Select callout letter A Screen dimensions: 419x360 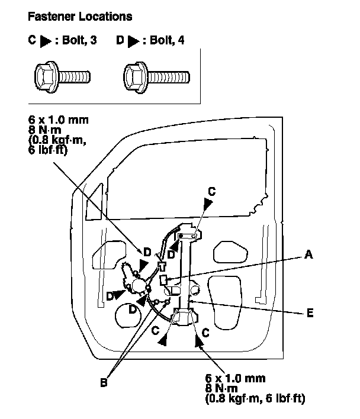[307, 254]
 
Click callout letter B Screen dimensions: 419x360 [104, 383]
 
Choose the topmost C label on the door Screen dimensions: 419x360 [211, 191]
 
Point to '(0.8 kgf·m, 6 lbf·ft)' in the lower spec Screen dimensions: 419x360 [255, 399]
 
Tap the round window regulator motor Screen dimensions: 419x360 [138, 286]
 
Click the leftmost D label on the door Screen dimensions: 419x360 [110, 295]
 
